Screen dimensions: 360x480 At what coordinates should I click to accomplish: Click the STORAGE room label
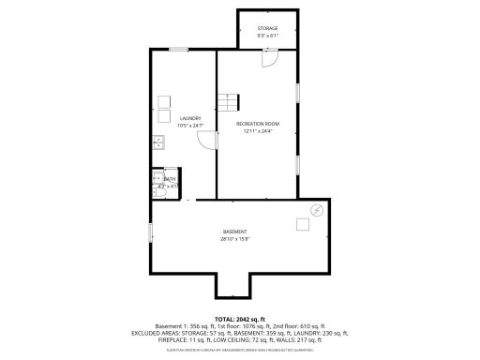267,28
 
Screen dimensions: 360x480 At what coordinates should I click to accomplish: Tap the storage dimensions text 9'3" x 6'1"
267,37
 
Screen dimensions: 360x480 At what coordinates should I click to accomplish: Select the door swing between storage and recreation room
269,57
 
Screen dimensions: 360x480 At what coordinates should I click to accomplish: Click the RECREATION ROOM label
257,124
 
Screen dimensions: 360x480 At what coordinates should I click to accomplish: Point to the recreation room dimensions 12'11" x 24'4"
257,131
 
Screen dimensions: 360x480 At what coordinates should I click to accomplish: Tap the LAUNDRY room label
190,118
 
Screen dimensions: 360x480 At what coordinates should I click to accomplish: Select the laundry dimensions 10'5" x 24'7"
190,126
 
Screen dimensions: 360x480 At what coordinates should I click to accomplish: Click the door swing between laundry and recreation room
205,141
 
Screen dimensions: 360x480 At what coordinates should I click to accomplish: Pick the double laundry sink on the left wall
158,142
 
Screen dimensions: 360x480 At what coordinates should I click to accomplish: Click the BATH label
170,178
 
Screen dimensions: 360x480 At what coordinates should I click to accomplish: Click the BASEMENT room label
234,232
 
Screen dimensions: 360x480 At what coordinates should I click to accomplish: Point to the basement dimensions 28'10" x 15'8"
234,239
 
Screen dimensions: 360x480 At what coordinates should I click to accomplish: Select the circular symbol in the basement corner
318,210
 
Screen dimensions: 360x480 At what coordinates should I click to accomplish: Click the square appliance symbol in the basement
303,224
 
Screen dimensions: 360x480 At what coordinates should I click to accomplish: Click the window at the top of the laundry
177,49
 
